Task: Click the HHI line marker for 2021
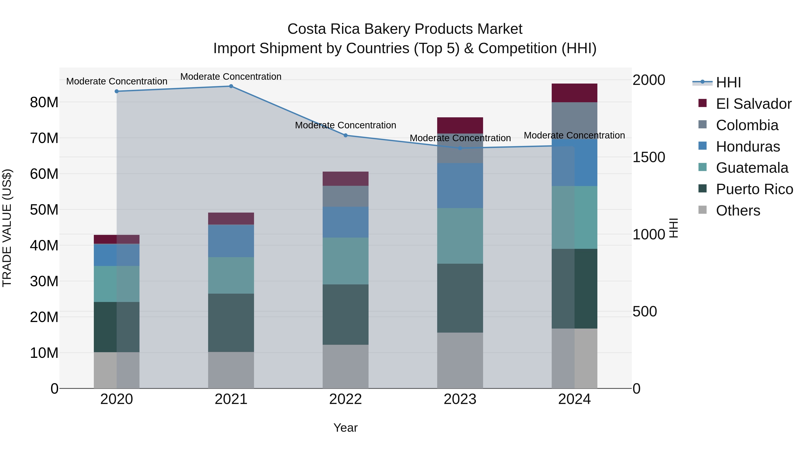(x=231, y=86)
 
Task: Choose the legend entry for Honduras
(x=748, y=147)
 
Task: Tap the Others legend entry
(x=738, y=211)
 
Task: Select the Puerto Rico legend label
(x=754, y=189)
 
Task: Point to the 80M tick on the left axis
(x=44, y=102)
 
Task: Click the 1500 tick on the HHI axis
(x=648, y=157)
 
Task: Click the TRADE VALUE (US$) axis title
(x=7, y=228)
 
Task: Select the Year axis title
(x=345, y=428)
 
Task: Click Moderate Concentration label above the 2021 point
(x=231, y=77)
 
